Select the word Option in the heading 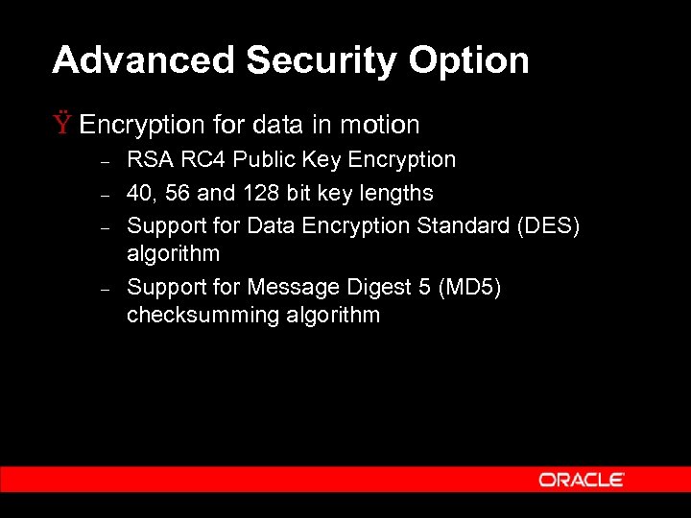click(x=469, y=60)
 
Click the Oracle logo click(x=582, y=479)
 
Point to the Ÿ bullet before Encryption click(x=63, y=125)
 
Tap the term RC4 click(x=202, y=159)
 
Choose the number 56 click(x=178, y=193)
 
